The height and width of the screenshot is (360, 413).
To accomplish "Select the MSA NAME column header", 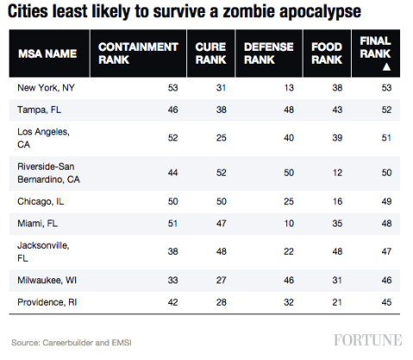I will pos(48,53).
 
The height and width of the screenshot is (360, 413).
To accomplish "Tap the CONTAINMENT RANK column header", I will pos(138,53).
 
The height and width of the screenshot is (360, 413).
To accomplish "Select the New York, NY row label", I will pos(47,88).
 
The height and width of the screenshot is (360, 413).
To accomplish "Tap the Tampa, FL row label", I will pos(41,111).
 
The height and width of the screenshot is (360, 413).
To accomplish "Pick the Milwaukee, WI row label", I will pos(47,281).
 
